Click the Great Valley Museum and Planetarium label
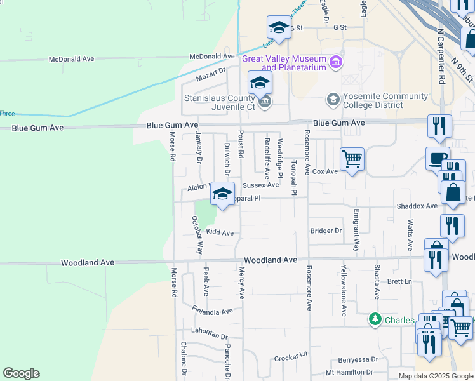click(x=284, y=63)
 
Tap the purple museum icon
click(x=336, y=62)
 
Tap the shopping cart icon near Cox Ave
click(x=352, y=159)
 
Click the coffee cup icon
click(x=437, y=158)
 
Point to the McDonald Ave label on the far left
click(x=72, y=59)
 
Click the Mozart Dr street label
click(x=211, y=76)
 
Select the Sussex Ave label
click(x=260, y=185)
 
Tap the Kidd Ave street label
click(x=220, y=232)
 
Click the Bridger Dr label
click(x=326, y=231)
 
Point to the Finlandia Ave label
click(x=212, y=311)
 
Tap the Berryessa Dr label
click(x=358, y=359)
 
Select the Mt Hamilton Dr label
click(x=349, y=372)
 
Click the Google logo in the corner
click(x=21, y=373)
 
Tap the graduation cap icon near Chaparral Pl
click(x=222, y=194)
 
